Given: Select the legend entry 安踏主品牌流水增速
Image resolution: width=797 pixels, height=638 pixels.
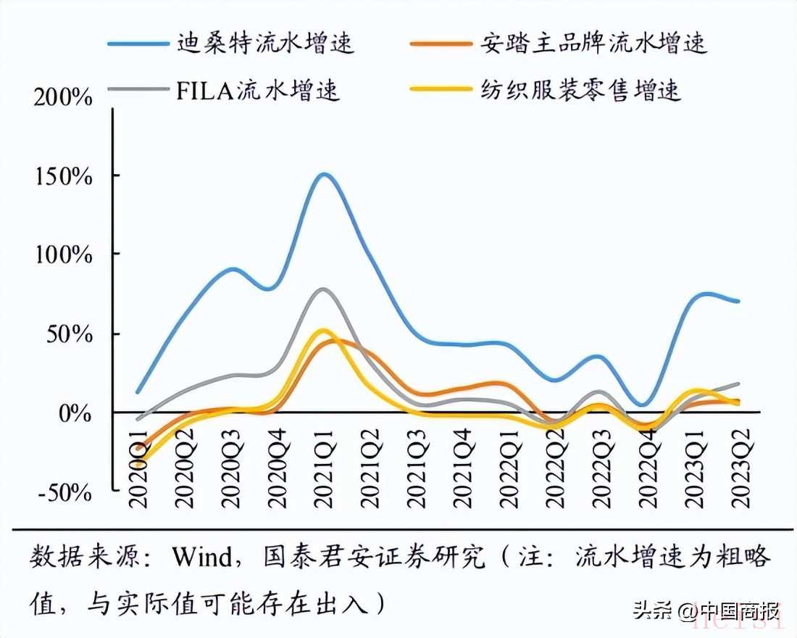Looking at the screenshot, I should point(593,43).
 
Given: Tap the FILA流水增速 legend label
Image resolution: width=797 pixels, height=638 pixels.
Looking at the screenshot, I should point(258,91).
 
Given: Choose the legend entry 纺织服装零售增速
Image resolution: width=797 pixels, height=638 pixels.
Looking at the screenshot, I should point(580,91).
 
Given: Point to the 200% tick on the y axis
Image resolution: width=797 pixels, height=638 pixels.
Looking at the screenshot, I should point(63,96).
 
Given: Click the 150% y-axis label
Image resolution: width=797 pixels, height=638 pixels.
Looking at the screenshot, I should point(63,176).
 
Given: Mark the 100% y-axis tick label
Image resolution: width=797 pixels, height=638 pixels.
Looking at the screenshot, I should point(63,255).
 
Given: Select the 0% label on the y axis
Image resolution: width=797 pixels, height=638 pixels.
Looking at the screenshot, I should point(74,413).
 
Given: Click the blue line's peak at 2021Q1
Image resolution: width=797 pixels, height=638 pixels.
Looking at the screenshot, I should point(323,174).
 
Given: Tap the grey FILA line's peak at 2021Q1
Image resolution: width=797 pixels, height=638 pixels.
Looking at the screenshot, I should point(323,289).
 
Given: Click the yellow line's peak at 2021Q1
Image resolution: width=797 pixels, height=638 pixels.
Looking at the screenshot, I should point(323,331).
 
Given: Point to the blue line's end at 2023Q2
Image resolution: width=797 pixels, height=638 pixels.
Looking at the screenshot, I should point(738,301).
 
